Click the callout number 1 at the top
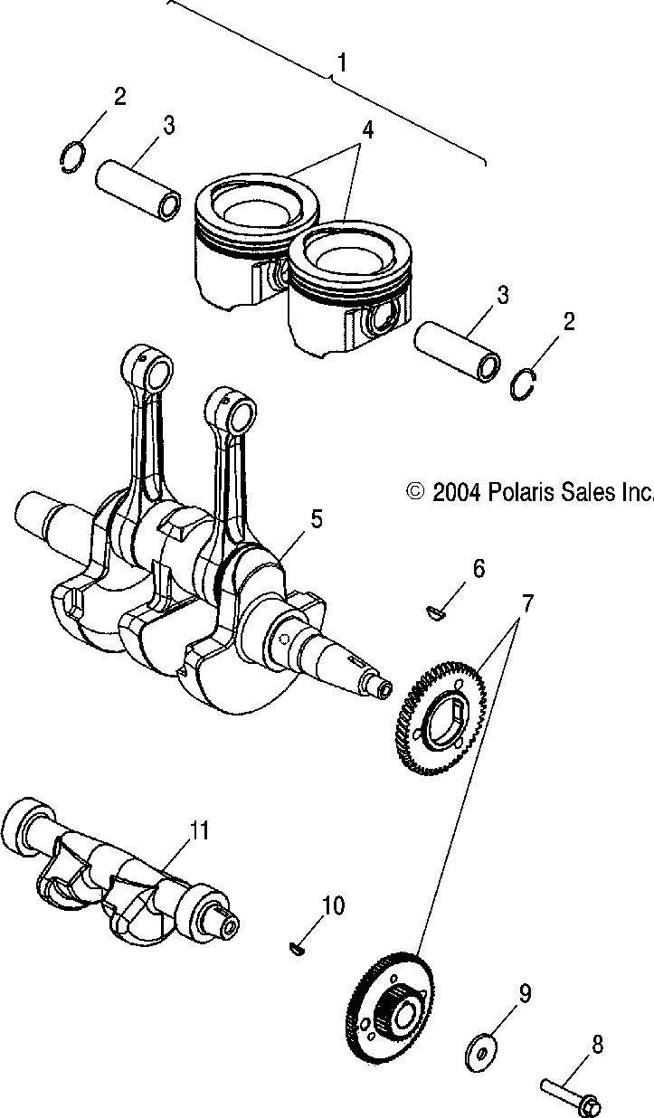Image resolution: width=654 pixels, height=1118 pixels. click(342, 62)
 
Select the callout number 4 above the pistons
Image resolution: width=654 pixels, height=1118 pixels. click(366, 130)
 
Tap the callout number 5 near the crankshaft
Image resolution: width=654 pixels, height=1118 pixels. click(316, 518)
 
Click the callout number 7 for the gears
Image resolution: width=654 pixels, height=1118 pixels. click(527, 601)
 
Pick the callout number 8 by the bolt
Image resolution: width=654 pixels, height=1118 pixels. click(597, 1045)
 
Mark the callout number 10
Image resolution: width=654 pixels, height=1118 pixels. click(334, 905)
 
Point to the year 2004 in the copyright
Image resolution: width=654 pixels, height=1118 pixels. click(457, 492)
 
